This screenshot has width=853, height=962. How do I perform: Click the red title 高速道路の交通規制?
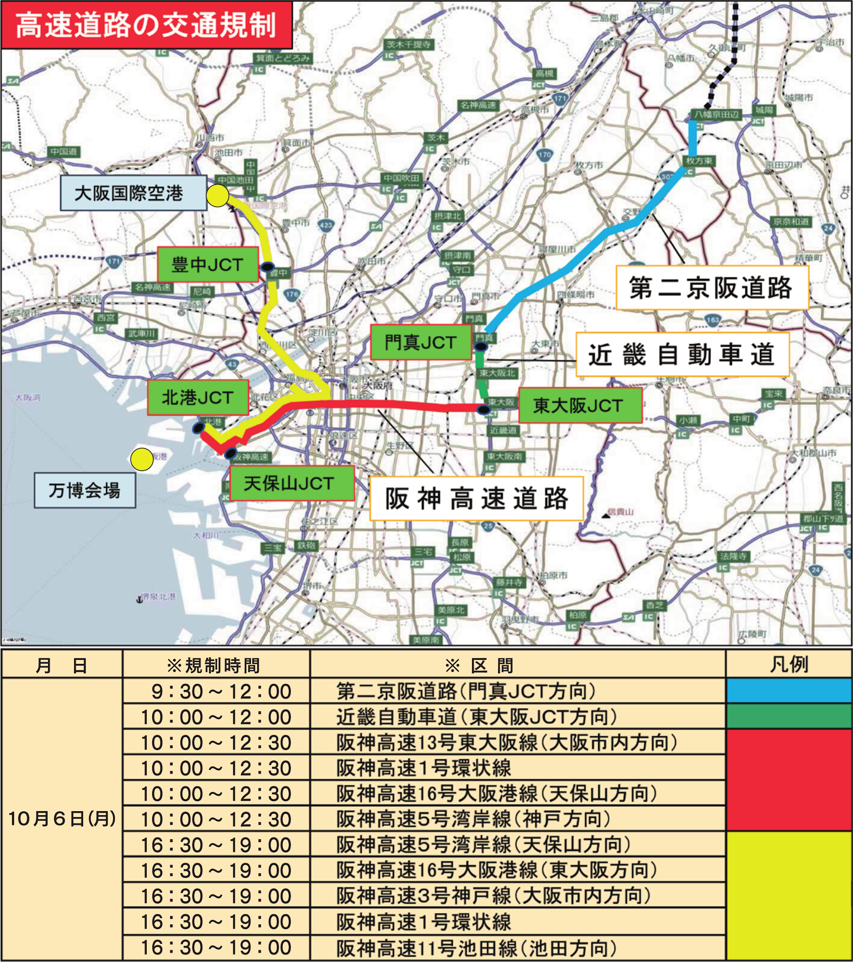tap(146, 25)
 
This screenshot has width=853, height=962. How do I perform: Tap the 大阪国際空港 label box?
tap(133, 193)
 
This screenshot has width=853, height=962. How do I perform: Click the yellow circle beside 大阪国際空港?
tap(218, 195)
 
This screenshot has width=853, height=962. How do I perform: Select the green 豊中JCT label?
tap(208, 264)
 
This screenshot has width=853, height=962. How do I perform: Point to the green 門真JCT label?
tap(420, 342)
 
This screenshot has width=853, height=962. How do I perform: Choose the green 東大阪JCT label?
tap(579, 405)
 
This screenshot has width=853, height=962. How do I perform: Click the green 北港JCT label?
tap(198, 397)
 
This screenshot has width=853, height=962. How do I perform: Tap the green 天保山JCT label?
tap(289, 483)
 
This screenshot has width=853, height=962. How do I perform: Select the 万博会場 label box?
tap(85, 491)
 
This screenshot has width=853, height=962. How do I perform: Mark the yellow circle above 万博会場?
tap(142, 459)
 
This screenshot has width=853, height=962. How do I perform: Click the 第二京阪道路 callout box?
tap(711, 288)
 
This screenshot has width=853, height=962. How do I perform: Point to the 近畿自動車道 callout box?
tap(682, 355)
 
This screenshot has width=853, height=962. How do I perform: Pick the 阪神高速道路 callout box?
tap(476, 499)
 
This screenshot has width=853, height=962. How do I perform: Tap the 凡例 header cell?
tap(788, 664)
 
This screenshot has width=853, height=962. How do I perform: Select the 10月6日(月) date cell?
tap(62, 819)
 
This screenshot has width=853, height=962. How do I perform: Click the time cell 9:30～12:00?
tap(216, 691)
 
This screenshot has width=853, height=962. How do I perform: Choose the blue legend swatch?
tap(789, 691)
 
